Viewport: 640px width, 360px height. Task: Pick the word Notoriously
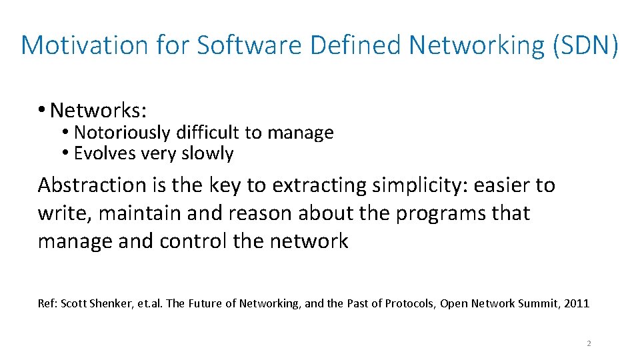[122, 133]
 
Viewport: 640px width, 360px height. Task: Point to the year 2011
[577, 303]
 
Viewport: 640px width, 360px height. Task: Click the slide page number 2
[589, 343]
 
